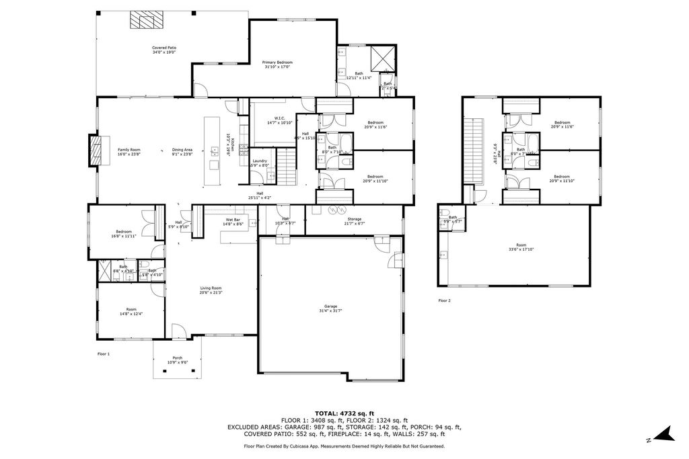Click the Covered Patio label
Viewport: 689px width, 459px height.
click(x=164, y=50)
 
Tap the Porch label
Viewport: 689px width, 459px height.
click(x=177, y=360)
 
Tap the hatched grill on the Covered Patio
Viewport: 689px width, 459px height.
click(x=142, y=20)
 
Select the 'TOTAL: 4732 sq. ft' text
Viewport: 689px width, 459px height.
click(x=344, y=413)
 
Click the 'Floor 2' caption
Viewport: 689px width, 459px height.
click(x=444, y=300)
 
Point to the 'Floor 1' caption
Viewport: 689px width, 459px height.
click(x=103, y=353)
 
